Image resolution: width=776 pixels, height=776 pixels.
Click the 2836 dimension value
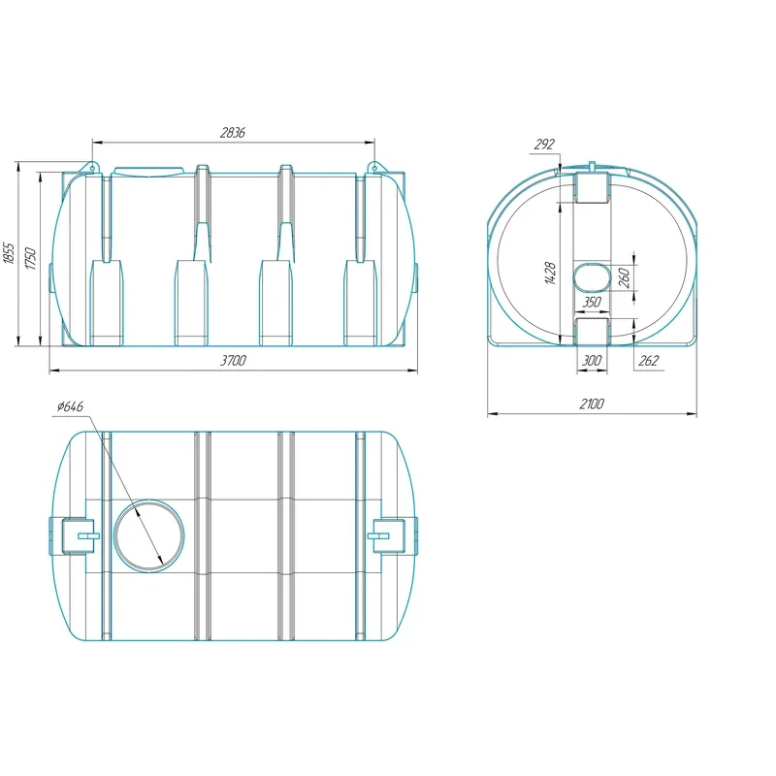[233, 133]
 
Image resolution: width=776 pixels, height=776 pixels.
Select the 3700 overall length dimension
[233, 360]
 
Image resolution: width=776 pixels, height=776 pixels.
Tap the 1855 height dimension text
[9, 253]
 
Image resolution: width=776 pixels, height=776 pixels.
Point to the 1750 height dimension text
[31, 258]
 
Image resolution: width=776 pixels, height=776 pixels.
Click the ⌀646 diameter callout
[70, 406]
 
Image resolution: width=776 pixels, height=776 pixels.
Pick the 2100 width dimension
[592, 404]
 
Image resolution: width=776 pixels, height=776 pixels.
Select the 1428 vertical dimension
[550, 274]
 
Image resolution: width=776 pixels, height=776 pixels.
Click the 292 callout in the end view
[544, 145]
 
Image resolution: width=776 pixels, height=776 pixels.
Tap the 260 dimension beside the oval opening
[625, 278]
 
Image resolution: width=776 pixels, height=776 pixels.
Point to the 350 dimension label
[592, 302]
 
